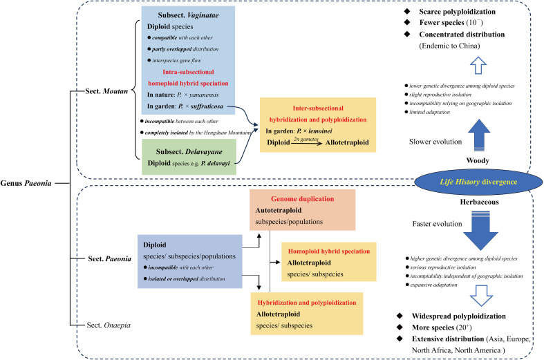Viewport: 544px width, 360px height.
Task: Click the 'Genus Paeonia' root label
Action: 26,183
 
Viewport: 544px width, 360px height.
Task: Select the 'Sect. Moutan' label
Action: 106,91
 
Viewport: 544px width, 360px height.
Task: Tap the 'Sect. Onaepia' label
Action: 109,325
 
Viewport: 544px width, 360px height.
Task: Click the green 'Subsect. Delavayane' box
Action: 189,157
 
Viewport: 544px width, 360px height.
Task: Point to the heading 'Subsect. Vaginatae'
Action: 189,15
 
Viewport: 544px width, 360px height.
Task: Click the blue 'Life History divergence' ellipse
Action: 478,182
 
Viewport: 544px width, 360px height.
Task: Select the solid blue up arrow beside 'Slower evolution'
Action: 479,135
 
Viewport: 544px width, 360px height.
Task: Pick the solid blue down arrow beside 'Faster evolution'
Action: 480,230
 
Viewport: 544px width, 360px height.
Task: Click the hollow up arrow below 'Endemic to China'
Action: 478,65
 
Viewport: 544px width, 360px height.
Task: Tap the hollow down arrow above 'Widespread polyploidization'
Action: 481,296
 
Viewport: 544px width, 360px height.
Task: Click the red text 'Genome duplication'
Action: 303,199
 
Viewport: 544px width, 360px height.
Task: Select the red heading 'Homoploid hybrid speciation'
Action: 329,251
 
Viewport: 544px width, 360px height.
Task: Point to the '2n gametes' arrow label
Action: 306,139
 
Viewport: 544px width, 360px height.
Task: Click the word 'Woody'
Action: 478,160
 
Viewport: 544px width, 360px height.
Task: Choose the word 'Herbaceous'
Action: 479,202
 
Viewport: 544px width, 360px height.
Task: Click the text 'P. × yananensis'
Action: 198,95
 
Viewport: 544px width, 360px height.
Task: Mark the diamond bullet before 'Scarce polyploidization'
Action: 407,12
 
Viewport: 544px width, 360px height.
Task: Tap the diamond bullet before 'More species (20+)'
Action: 400,327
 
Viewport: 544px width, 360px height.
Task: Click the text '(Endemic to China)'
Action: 449,46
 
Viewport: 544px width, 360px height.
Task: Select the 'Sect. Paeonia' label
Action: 110,258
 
